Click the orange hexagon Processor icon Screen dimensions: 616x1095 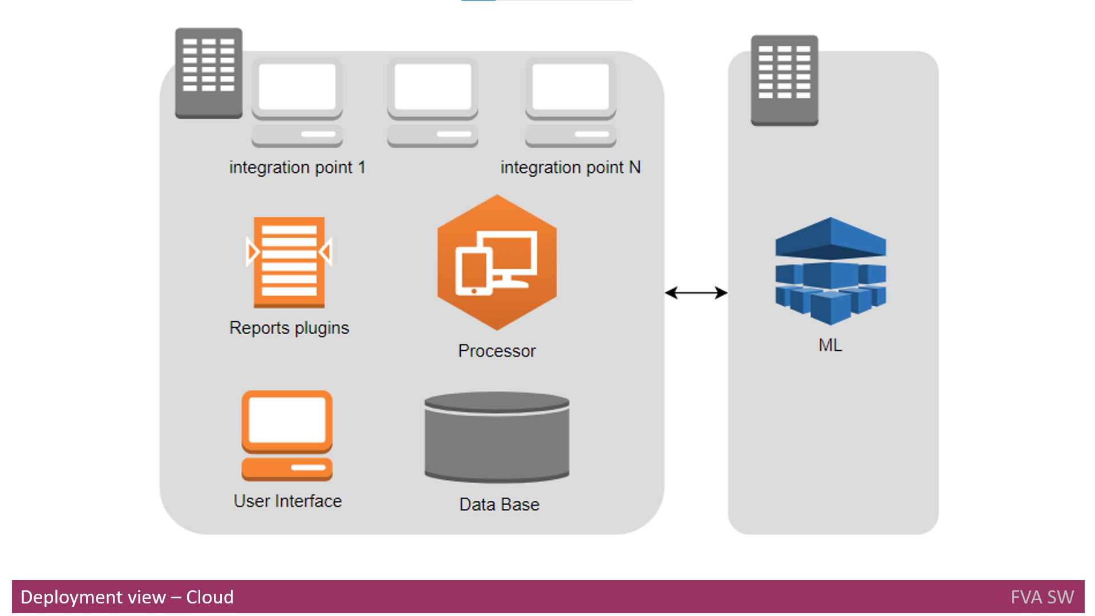(x=497, y=262)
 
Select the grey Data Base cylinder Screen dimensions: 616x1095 (x=497, y=437)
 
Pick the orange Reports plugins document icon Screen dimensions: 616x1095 (x=289, y=262)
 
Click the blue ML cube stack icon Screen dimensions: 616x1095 (x=830, y=271)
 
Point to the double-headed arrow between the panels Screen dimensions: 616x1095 (x=696, y=293)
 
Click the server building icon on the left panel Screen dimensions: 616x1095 (x=209, y=73)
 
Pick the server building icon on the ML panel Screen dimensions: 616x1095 (x=785, y=80)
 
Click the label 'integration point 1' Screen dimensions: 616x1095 (x=297, y=168)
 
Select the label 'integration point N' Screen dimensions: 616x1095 (x=570, y=168)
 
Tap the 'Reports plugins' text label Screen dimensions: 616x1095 (x=289, y=328)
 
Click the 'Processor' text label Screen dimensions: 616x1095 (x=497, y=351)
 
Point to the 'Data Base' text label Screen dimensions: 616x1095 (x=499, y=505)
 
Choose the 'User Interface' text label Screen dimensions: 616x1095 (x=287, y=501)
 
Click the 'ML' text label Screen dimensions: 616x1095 (x=830, y=345)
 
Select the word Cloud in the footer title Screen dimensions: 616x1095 (x=210, y=597)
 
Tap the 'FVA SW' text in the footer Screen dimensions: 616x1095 (x=1042, y=597)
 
